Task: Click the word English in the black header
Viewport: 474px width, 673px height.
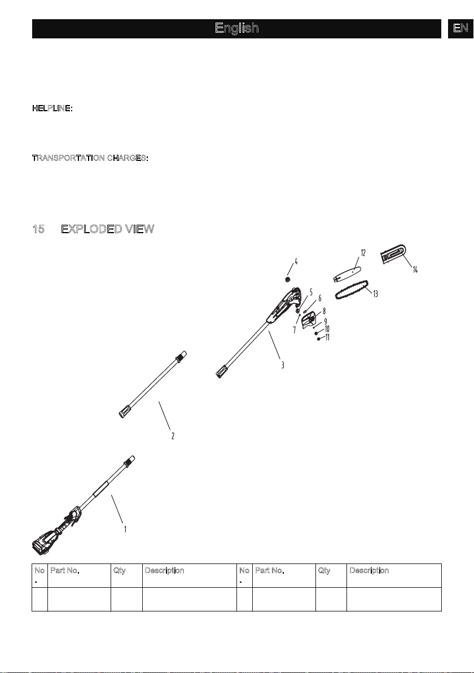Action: click(237, 28)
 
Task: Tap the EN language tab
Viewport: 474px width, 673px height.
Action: click(460, 28)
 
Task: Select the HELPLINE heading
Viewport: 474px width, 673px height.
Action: click(52, 108)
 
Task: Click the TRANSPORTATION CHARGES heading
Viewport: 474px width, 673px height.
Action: click(90, 158)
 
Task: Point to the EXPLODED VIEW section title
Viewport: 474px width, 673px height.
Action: click(108, 229)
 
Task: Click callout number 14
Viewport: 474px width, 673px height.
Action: click(415, 269)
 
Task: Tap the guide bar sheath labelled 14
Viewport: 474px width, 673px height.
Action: click(393, 255)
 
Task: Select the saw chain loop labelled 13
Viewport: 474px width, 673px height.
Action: click(352, 290)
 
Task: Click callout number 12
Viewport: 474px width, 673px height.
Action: click(363, 253)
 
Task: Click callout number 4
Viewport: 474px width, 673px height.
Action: click(296, 261)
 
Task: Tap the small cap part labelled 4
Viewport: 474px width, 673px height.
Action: click(288, 280)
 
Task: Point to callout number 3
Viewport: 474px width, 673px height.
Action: click(282, 365)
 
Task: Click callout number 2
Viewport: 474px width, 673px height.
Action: click(173, 436)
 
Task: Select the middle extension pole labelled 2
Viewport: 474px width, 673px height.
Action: click(153, 384)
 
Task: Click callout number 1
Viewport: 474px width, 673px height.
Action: click(125, 530)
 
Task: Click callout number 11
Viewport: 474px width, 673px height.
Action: click(327, 338)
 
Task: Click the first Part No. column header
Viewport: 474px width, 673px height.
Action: click(65, 570)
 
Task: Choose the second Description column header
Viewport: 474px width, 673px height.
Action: click(370, 570)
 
